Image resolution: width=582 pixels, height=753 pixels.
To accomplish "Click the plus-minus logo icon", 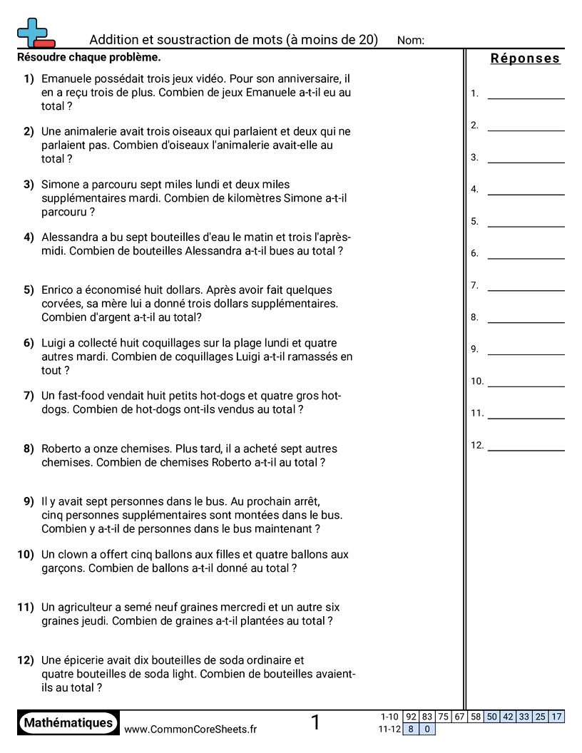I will click(35, 33).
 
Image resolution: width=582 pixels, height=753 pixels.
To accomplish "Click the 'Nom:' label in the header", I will click(410, 41).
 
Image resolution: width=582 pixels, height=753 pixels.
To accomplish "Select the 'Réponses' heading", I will click(525, 58).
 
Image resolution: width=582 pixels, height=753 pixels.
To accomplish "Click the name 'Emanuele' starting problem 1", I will click(65, 78).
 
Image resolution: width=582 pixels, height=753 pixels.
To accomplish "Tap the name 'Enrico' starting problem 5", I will click(58, 290).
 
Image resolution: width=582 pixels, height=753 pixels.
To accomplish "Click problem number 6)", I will click(29, 344).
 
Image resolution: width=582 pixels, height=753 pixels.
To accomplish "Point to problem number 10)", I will click(26, 555).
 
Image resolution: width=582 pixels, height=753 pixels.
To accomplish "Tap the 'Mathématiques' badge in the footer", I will click(68, 723).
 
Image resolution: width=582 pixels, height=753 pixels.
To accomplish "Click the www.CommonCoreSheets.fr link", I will click(190, 729).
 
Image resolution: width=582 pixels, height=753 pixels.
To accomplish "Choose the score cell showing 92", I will click(411, 717).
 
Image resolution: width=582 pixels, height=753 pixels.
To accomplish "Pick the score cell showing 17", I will click(556, 717).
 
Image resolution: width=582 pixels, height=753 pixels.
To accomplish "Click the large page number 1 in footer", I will click(315, 723).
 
